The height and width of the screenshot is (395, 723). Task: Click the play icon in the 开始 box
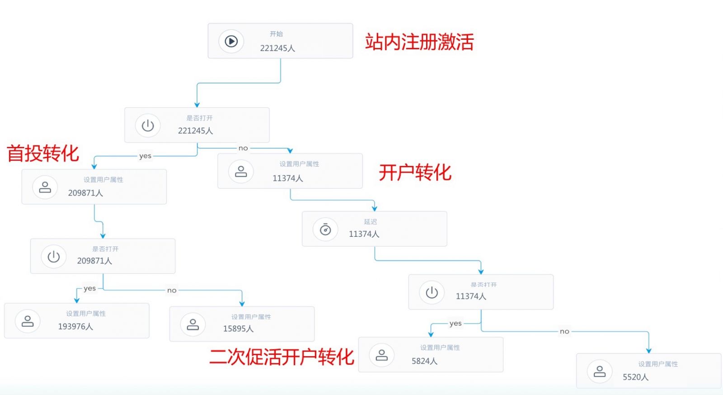231,41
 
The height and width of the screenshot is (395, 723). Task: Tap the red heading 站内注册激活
419,42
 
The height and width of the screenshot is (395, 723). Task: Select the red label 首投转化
43,153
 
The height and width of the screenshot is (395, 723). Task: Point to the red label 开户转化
415,172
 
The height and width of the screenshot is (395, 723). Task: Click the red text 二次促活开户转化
281,357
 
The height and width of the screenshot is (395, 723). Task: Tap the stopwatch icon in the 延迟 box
325,230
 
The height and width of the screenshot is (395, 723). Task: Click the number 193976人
75,326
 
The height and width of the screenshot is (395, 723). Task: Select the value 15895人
238,329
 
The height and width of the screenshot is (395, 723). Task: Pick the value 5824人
424,361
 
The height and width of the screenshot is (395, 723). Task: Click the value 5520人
635,377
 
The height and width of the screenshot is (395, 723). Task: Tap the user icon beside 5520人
600,371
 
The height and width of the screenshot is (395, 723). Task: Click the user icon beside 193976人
28,321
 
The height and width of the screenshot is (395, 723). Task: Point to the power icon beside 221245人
148,125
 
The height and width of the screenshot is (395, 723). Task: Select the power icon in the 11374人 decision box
432,292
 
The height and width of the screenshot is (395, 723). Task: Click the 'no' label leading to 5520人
564,331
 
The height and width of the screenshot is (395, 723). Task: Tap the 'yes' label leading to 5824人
455,323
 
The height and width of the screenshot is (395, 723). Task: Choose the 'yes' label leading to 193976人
89,288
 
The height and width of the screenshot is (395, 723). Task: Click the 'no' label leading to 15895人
172,290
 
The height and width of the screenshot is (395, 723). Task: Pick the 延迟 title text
371,221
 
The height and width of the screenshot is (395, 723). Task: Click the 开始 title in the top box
276,34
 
